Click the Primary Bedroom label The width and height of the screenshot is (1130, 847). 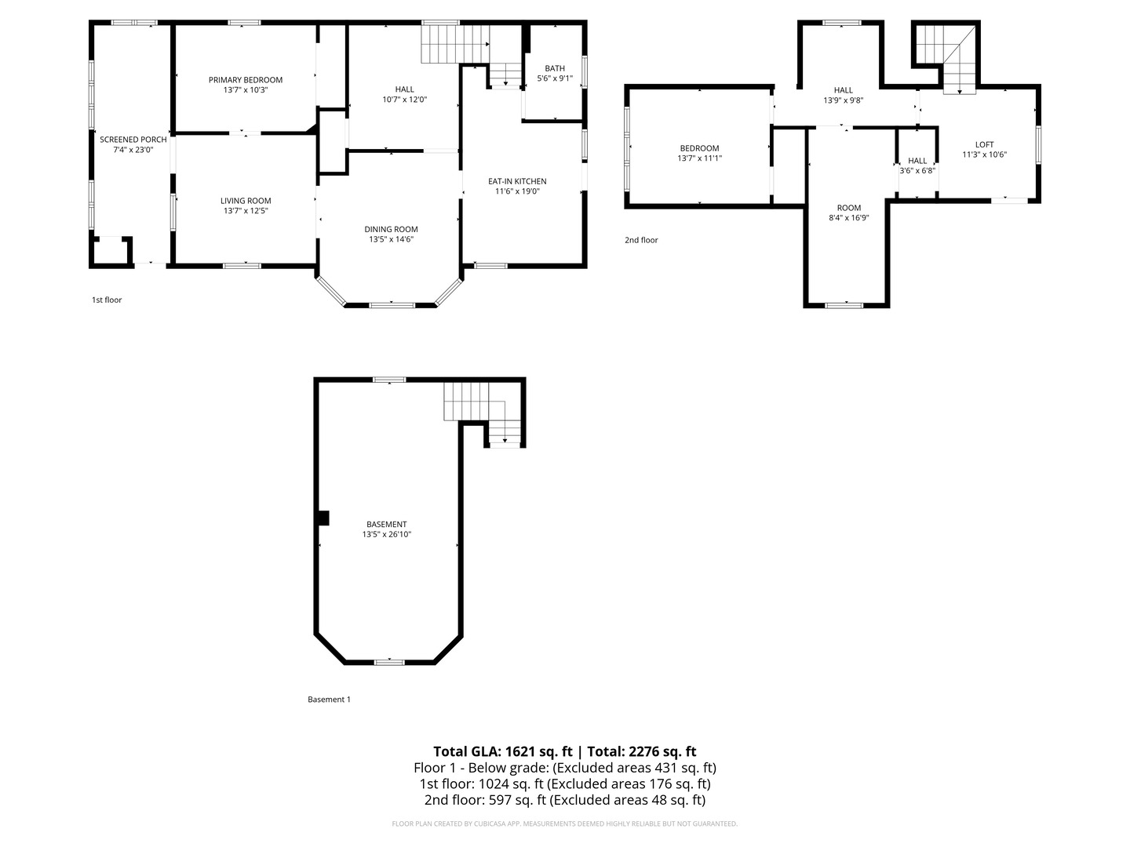click(x=245, y=80)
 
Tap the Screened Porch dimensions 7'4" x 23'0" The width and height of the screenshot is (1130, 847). click(x=133, y=150)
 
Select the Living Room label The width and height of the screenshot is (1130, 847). click(x=246, y=201)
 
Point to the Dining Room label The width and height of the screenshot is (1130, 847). click(x=391, y=229)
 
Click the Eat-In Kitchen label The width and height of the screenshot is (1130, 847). click(x=517, y=181)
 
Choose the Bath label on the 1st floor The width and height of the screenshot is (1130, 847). click(x=555, y=68)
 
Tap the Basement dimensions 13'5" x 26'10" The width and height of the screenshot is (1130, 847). click(x=386, y=534)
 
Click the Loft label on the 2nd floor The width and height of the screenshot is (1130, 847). click(x=984, y=144)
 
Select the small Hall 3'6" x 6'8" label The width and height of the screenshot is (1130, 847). click(x=917, y=165)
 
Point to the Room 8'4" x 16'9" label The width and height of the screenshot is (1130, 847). click(x=848, y=213)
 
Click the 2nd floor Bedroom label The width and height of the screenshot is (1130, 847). click(x=699, y=148)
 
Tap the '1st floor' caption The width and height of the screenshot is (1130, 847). click(x=107, y=300)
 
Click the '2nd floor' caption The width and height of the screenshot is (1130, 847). click(x=641, y=240)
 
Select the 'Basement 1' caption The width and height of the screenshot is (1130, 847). click(x=329, y=699)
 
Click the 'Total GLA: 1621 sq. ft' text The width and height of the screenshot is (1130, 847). click(x=502, y=751)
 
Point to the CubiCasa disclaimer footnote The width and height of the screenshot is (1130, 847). click(x=564, y=823)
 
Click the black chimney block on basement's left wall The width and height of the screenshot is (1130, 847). click(x=323, y=518)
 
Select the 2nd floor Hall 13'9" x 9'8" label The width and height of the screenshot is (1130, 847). click(x=843, y=95)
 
